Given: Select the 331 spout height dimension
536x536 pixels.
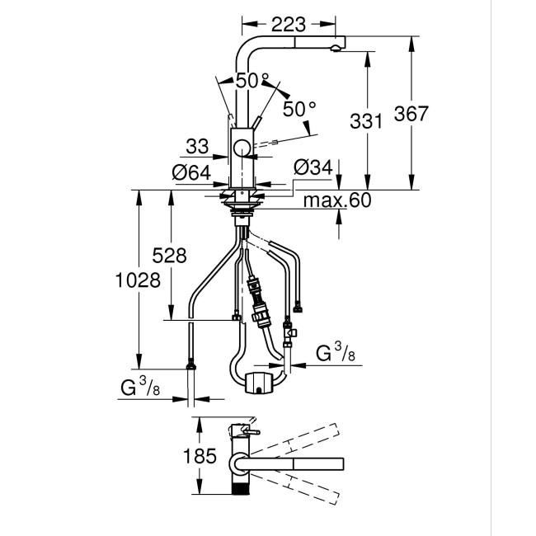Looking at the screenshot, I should coord(367,121).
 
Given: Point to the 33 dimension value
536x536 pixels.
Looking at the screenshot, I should coord(196,147).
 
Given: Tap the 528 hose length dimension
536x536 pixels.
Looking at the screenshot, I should coord(169,256).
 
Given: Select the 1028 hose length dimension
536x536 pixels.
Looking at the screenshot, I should coord(136,280).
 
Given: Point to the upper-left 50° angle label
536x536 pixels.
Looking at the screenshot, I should coord(252,81).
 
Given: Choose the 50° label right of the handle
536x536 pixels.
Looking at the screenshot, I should coord(299,108).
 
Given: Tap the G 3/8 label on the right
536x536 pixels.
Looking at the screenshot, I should coord(337,354).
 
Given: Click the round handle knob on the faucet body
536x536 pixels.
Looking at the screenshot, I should coord(242,148).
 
